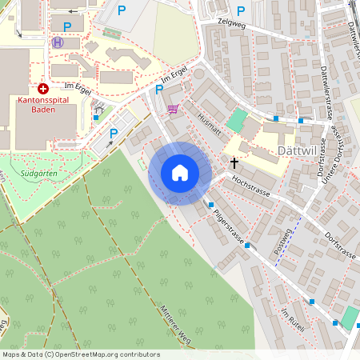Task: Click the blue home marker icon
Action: pos(180,173)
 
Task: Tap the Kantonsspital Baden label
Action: pos(42,106)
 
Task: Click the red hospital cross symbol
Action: pos(42,89)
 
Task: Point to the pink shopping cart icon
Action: pos(173,109)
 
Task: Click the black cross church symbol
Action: pos(234,162)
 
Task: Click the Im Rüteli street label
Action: pos(294,320)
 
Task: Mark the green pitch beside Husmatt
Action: pos(237,121)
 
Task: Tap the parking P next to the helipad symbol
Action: pos(67,26)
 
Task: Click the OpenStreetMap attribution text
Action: pos(80,354)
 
